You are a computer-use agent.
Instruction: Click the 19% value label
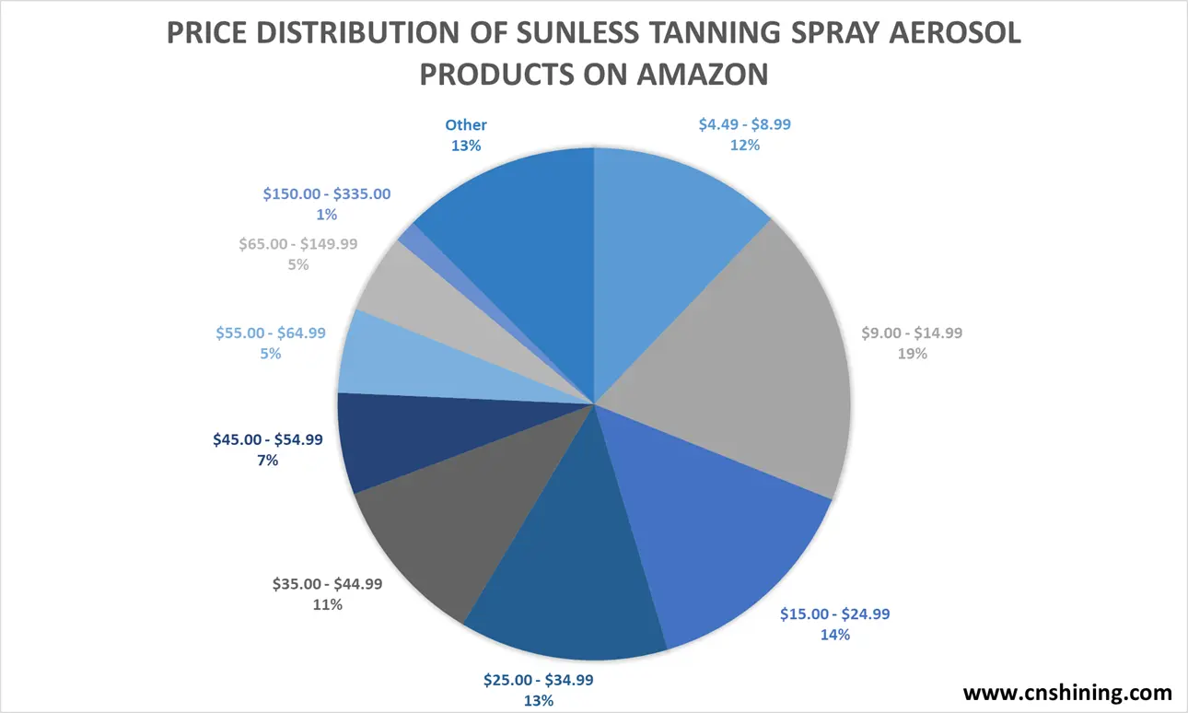pos(912,353)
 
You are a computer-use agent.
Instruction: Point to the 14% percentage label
pos(834,634)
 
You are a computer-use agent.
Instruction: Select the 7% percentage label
pos(267,460)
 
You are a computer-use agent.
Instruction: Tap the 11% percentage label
pos(327,604)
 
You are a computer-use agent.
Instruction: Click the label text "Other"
pos(466,125)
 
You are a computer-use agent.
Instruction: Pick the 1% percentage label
pos(327,215)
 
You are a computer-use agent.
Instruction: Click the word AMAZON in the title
pos(702,73)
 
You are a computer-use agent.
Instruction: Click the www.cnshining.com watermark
pos(1067,693)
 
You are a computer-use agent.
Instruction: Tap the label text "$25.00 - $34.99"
pos(539,681)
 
